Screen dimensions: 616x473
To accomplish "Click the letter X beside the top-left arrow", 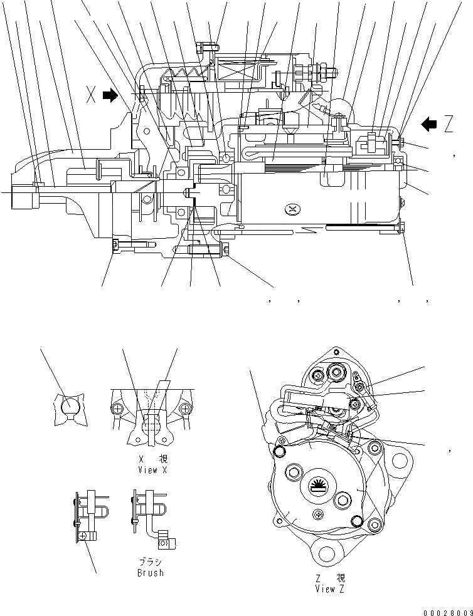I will click(x=91, y=96).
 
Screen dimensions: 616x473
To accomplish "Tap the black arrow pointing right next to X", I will click(x=110, y=96).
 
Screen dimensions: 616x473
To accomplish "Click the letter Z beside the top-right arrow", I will click(x=448, y=125).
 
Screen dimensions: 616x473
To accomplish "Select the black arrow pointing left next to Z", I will click(x=430, y=124).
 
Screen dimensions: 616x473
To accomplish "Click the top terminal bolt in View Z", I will click(x=332, y=374).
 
